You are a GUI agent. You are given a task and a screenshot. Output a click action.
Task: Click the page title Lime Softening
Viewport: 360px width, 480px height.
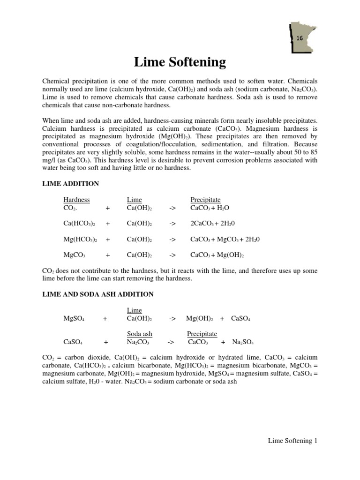(180, 62)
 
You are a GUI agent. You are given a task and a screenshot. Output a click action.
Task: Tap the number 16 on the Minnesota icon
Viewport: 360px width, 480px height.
(299, 38)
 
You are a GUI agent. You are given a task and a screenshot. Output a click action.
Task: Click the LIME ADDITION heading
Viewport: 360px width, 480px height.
(70, 184)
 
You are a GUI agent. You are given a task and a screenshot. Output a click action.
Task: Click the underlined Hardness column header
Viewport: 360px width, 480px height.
(76, 200)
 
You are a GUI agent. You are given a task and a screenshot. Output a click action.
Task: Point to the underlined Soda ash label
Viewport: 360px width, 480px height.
(139, 334)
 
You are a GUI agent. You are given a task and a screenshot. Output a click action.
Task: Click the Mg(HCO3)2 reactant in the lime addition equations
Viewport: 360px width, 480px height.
(80, 239)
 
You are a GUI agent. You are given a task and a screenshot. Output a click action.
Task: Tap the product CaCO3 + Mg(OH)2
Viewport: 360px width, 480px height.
(217, 255)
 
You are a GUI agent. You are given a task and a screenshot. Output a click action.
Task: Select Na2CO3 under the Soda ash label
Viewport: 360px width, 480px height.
(138, 342)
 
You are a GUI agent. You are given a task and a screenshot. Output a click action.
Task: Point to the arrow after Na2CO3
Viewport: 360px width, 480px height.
(171, 342)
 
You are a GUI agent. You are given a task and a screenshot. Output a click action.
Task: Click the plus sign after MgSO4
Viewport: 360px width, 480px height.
(105, 319)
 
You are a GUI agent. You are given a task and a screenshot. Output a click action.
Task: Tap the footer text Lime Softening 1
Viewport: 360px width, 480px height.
(292, 441)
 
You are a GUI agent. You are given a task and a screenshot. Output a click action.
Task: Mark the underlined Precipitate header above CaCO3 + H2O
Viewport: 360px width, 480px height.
(205, 200)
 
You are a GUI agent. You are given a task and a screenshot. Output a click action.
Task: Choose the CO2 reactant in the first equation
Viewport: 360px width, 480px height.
(71, 208)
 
